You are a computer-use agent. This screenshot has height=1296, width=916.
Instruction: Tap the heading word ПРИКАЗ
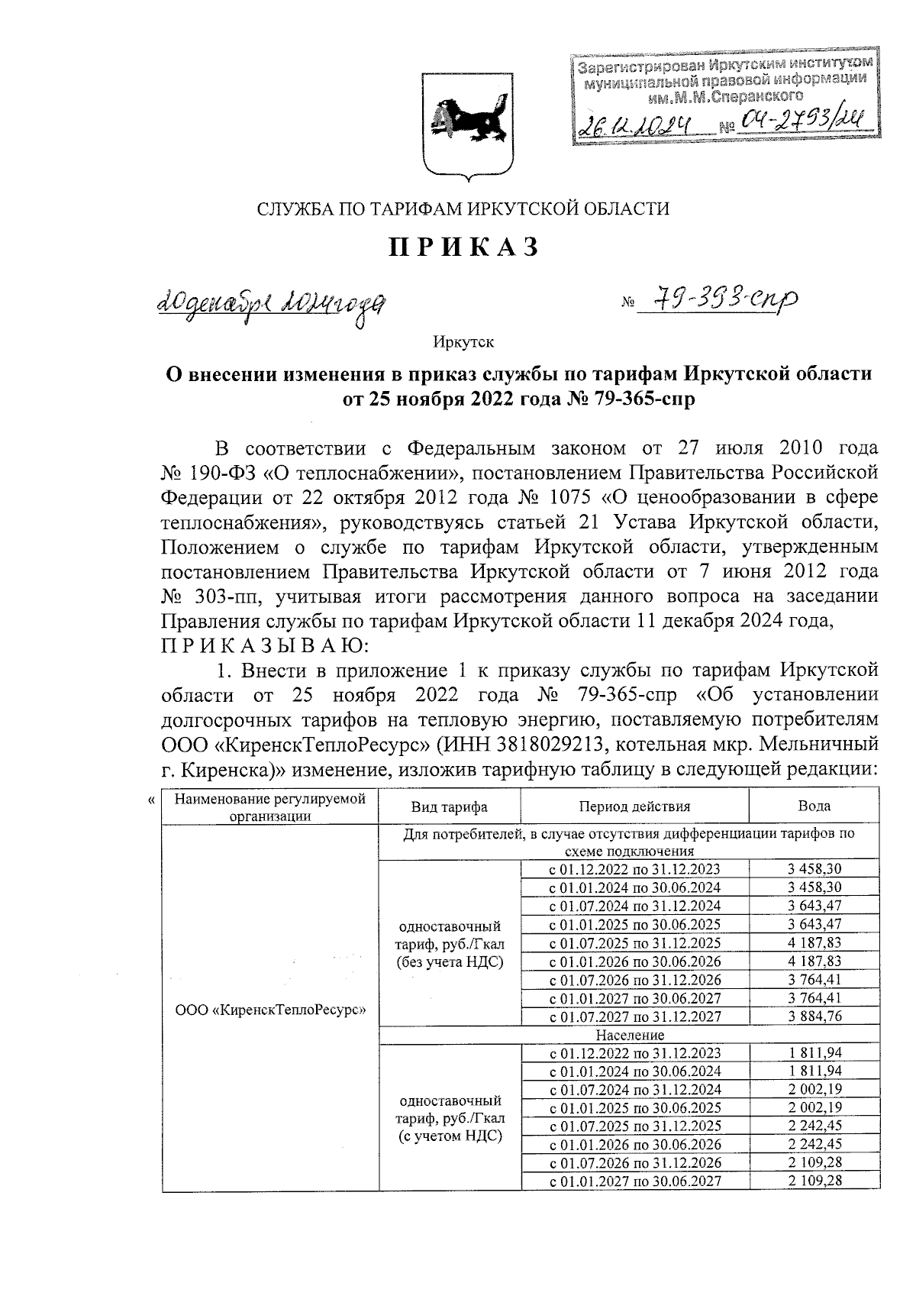465,247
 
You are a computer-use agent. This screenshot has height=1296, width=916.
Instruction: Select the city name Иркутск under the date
463,341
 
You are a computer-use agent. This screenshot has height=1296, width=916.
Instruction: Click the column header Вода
814,806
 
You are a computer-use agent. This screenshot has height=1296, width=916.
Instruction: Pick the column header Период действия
634,806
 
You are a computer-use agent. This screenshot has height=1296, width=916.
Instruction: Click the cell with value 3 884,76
814,1016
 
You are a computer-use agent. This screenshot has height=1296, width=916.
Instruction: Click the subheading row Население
630,1035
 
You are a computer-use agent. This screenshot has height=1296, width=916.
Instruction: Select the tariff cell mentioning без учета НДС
450,945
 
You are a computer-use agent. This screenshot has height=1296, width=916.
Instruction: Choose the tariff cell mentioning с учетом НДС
450,1118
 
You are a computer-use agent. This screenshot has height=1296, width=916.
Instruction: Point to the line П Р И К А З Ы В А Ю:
265,646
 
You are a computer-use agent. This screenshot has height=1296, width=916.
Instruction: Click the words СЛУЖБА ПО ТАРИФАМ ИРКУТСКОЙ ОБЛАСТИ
463,208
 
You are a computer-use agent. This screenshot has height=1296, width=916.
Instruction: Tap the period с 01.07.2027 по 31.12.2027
634,1016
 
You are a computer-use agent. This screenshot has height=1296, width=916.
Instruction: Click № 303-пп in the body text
205,596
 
